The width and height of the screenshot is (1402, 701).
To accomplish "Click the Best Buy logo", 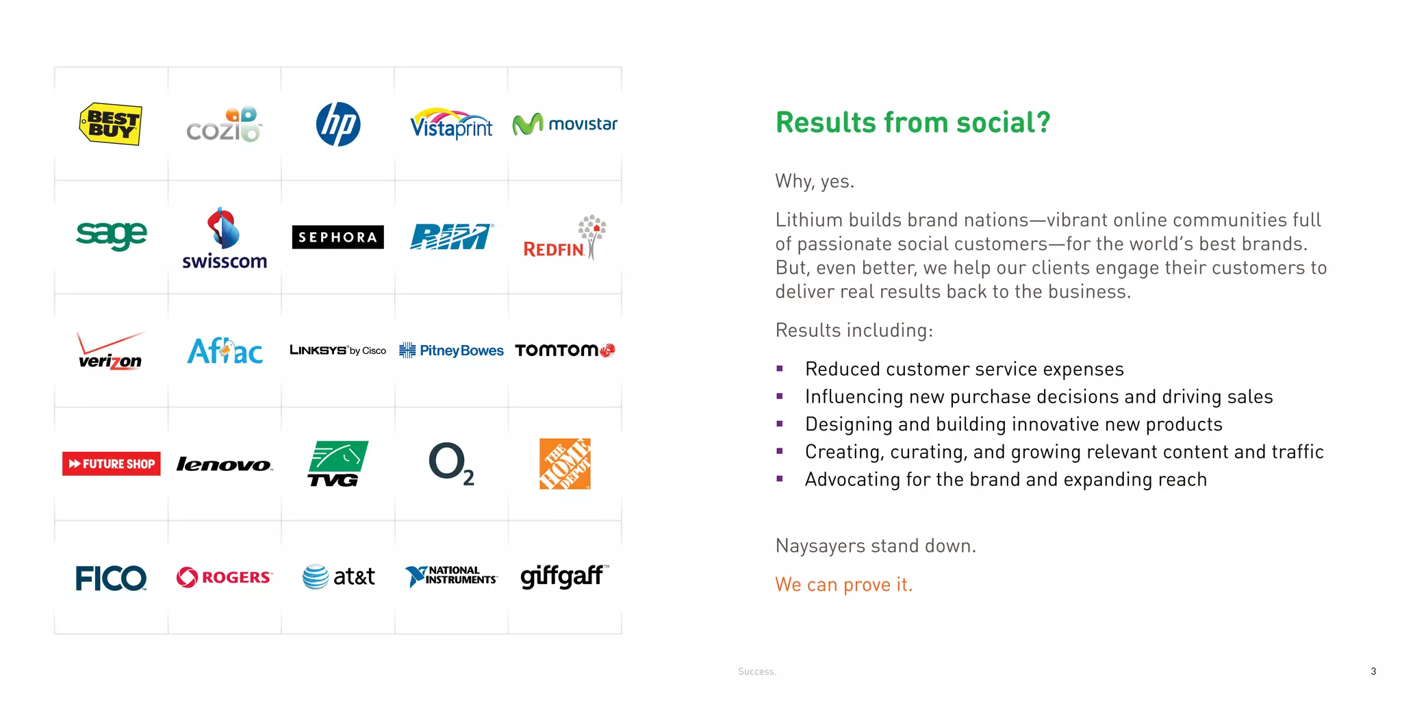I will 111,124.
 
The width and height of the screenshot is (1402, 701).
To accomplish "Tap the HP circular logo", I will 338,125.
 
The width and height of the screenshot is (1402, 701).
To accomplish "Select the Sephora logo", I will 337,237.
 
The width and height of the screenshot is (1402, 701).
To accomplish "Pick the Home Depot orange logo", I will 565,463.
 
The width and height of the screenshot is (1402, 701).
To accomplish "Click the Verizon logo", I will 110,352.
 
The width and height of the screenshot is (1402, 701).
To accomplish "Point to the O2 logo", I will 450,463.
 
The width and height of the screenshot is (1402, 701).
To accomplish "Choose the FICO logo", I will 111,578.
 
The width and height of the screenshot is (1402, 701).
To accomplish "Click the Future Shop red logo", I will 111,463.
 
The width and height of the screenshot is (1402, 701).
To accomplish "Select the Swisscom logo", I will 225,239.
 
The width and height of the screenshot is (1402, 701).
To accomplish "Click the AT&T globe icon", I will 316,577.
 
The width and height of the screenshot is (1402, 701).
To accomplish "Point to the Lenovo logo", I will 225,465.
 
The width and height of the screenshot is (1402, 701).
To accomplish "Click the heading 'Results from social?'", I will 913,123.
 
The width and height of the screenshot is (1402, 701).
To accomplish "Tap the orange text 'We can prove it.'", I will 843,585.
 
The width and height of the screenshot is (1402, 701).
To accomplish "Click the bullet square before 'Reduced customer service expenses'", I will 780,369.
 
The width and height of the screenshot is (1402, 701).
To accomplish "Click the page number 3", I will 1373,672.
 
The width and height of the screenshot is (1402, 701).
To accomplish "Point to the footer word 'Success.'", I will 757,672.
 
